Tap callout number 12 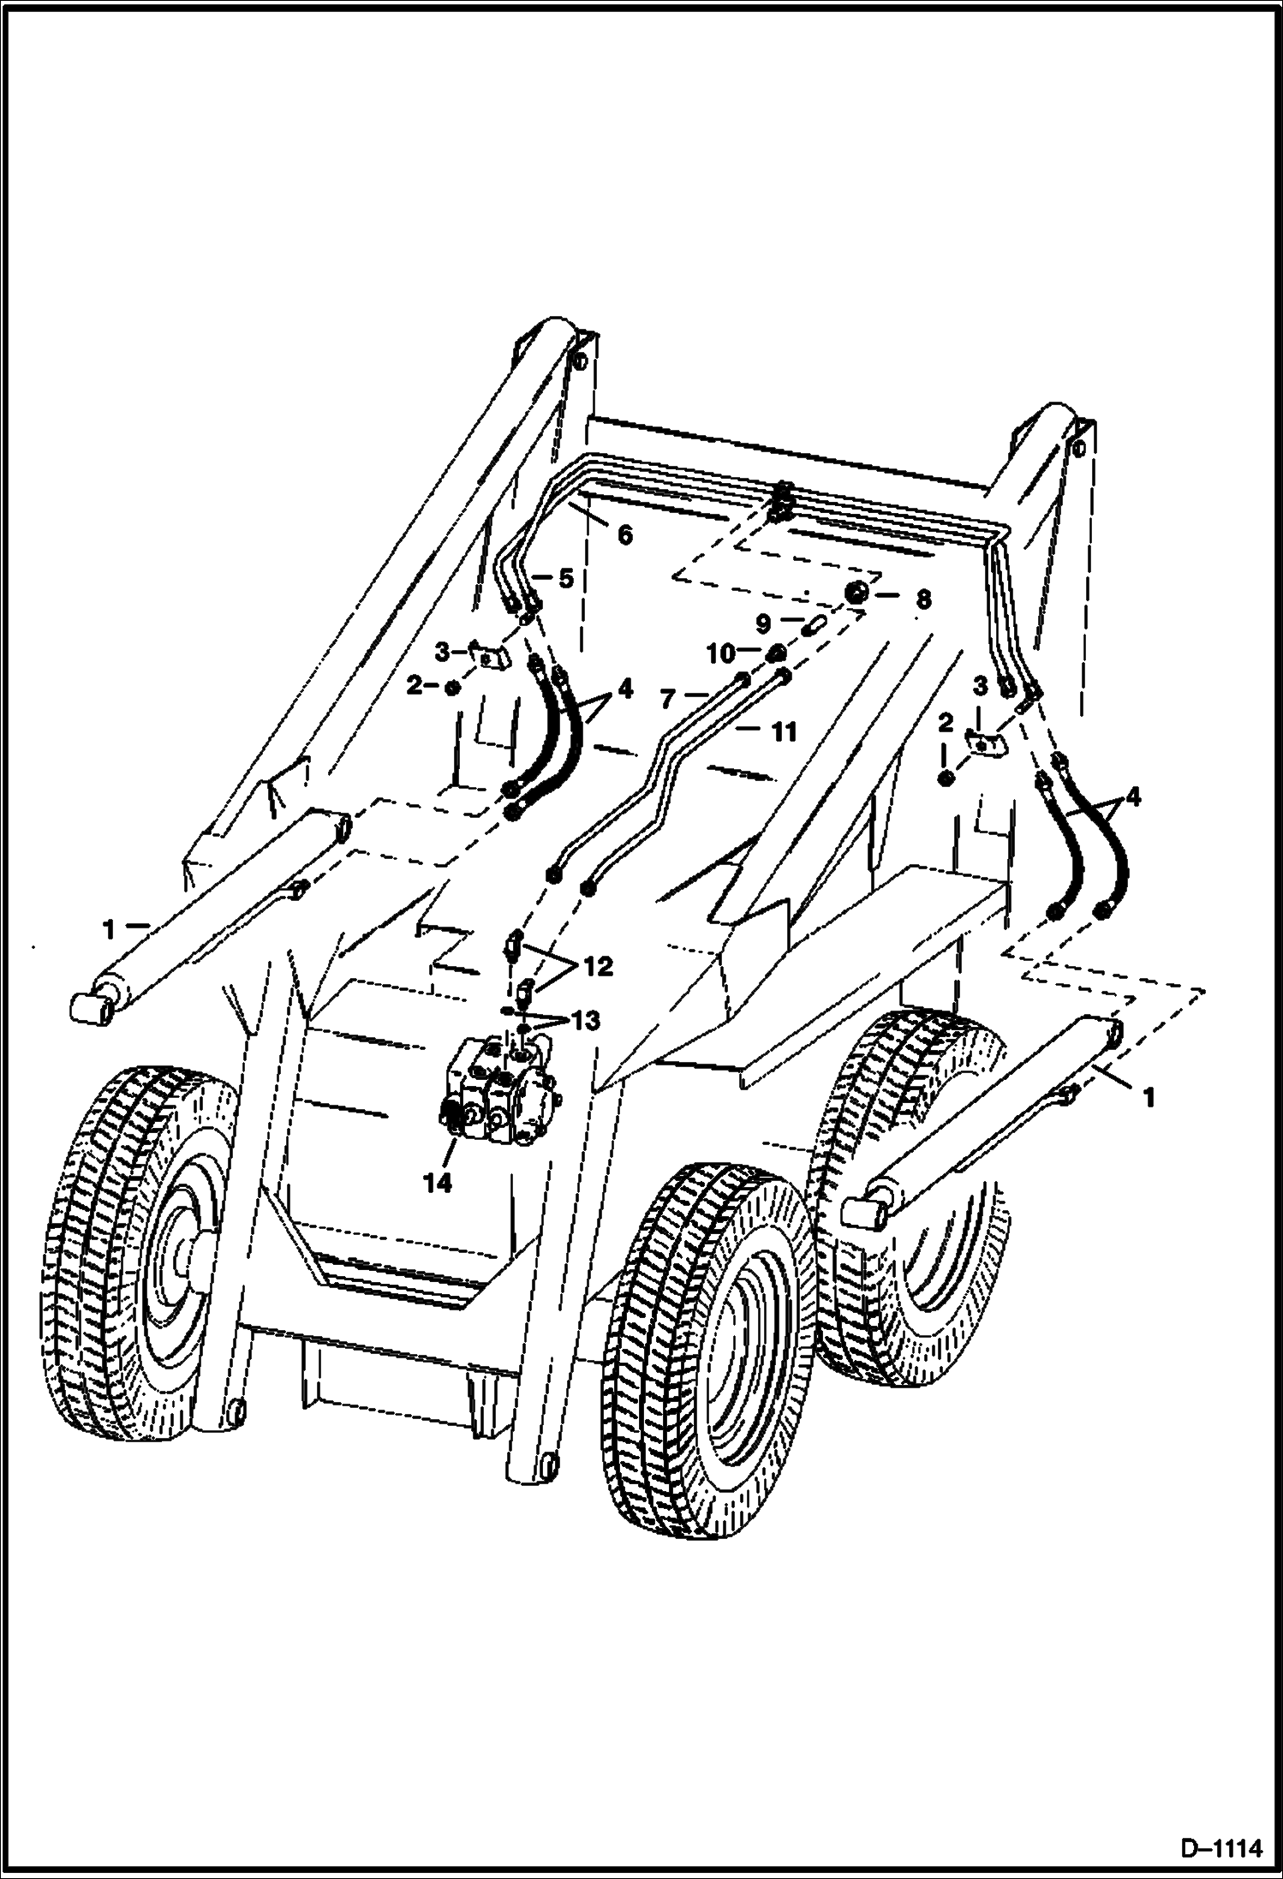599,967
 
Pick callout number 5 565,578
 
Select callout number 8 922,597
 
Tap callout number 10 721,653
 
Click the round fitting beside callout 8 857,593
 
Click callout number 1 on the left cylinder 109,928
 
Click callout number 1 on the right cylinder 1149,1096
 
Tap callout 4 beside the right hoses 1132,797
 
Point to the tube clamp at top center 780,501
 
